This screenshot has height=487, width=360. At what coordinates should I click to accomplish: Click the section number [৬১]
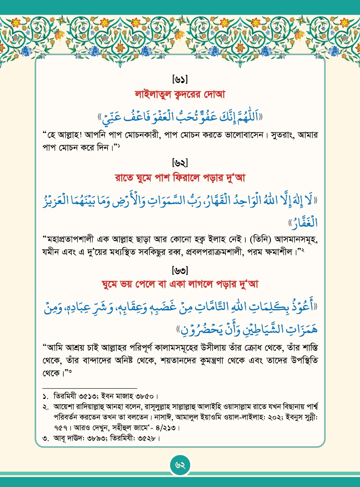click(180, 79)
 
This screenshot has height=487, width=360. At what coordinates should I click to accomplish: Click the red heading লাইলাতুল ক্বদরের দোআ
click(180, 94)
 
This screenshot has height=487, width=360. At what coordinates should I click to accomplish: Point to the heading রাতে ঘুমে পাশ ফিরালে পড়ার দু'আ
click(180, 178)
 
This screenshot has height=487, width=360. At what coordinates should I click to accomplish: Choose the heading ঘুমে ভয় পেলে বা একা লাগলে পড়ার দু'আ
click(180, 284)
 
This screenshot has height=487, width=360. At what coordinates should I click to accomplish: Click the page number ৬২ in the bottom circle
click(180, 465)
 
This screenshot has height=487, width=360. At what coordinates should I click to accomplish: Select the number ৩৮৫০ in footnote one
click(144, 396)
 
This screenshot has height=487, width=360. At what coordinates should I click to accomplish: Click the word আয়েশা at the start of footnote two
click(64, 407)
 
